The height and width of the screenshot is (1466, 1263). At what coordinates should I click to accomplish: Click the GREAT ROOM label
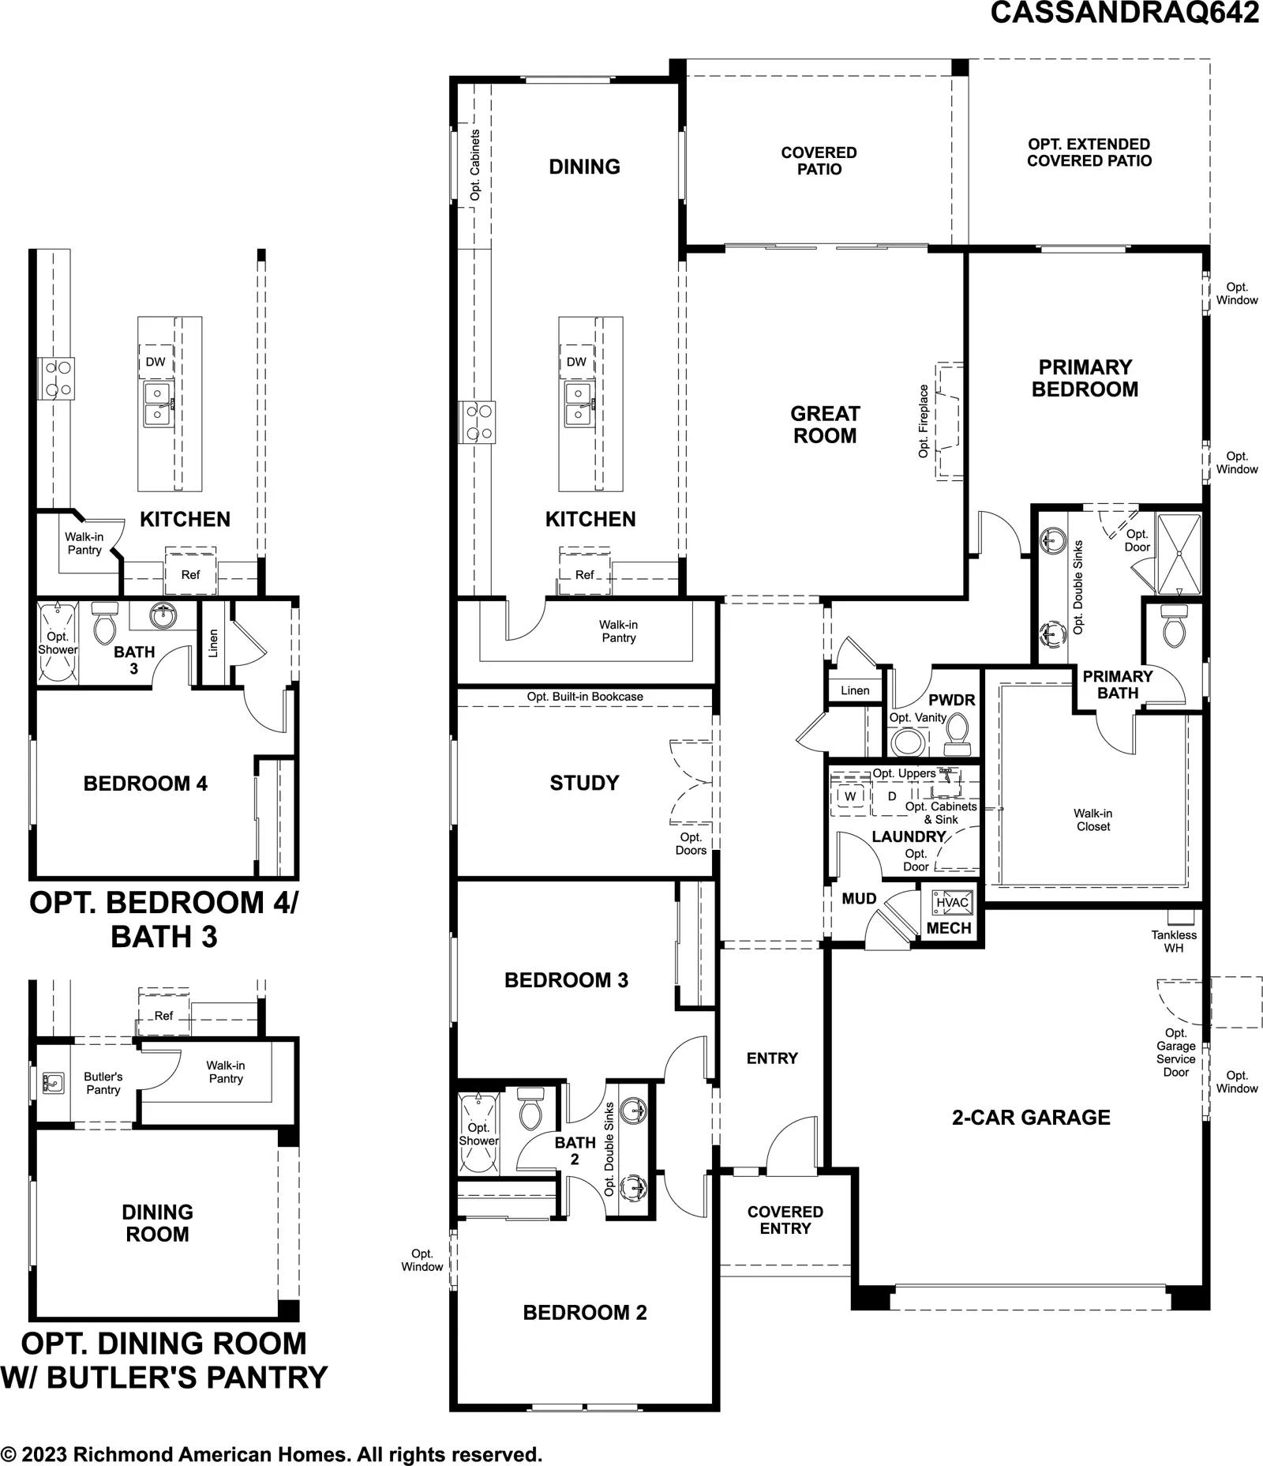coord(825,424)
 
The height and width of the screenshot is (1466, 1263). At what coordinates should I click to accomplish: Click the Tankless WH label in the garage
coord(1174,941)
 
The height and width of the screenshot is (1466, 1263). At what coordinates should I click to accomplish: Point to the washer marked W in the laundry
coord(850,796)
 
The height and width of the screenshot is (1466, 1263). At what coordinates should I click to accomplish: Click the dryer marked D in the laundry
coord(892,796)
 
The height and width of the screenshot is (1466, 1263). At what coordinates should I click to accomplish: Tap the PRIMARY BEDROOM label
coord(1085,378)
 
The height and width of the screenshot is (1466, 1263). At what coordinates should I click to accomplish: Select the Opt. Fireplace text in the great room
coord(923,421)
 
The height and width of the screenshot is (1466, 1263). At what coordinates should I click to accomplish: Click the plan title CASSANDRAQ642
coord(1125,13)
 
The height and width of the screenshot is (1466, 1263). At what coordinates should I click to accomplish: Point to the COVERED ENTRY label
coord(785,1220)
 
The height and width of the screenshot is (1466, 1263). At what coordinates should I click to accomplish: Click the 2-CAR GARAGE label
coord(1031,1117)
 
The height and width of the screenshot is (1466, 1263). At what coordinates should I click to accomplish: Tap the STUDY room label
coord(584,783)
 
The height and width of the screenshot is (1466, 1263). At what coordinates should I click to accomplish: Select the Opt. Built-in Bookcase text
coord(585,697)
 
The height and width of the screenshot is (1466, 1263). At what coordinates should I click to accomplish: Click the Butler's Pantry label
coord(103,1083)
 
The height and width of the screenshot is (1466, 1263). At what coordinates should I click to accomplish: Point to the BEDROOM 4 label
coord(145,784)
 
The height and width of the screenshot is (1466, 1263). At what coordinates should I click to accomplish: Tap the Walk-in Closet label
coord(1093,820)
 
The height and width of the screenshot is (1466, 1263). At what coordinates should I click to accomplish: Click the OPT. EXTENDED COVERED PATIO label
coord(1089,152)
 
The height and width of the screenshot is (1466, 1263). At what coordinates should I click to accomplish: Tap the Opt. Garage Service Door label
coord(1176,1052)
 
